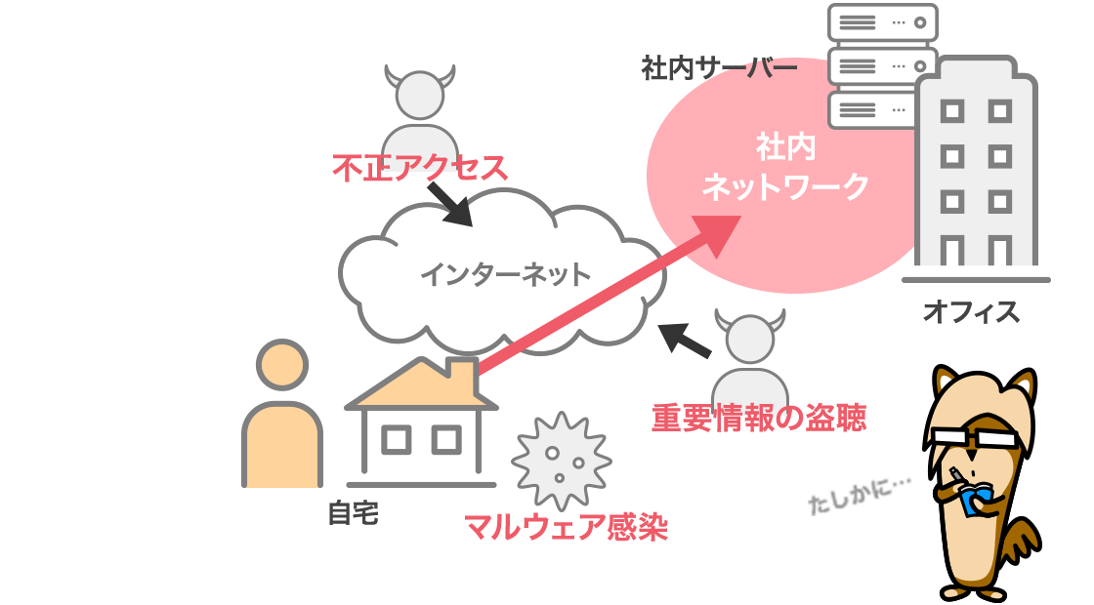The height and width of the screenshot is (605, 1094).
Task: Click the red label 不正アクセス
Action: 420,168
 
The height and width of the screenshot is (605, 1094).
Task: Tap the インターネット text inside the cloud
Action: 505,274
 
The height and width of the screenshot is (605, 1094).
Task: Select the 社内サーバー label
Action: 719,68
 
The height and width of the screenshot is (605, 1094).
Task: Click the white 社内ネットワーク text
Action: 785,167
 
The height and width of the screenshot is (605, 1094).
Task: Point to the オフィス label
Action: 971,312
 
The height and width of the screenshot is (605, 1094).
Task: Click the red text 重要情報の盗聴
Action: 758,418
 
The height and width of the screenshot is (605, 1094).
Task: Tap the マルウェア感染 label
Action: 566,527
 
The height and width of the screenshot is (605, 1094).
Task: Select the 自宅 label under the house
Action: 353,513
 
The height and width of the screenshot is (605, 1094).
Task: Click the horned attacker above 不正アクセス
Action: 420,107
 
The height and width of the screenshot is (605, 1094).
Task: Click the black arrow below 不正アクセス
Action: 448,204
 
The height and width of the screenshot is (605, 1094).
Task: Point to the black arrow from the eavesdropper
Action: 684,340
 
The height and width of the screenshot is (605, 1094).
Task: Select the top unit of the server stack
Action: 882,22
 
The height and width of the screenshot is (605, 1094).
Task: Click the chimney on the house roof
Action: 458,372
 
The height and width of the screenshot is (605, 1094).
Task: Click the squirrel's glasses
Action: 977,438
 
